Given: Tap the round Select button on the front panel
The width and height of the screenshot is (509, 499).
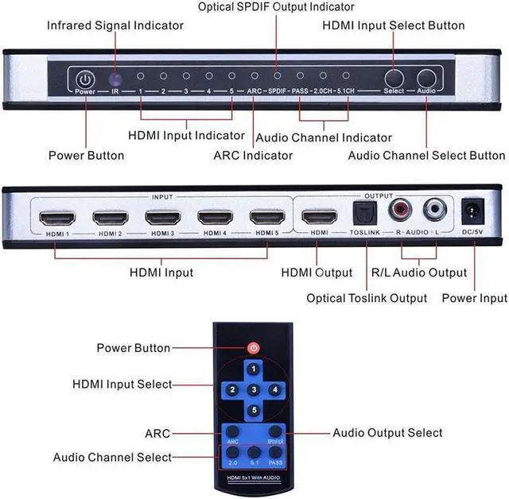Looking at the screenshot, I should point(394,78).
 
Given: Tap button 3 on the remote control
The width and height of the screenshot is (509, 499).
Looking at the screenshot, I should point(253,389).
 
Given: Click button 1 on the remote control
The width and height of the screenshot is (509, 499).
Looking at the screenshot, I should point(253,369).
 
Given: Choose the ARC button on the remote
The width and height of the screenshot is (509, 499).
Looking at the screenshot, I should point(231,434).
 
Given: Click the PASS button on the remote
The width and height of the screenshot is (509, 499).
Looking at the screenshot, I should point(275,455).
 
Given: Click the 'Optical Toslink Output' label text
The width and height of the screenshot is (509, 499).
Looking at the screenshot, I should point(367,298).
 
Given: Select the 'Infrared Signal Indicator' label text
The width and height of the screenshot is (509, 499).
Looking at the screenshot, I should point(115,25).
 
